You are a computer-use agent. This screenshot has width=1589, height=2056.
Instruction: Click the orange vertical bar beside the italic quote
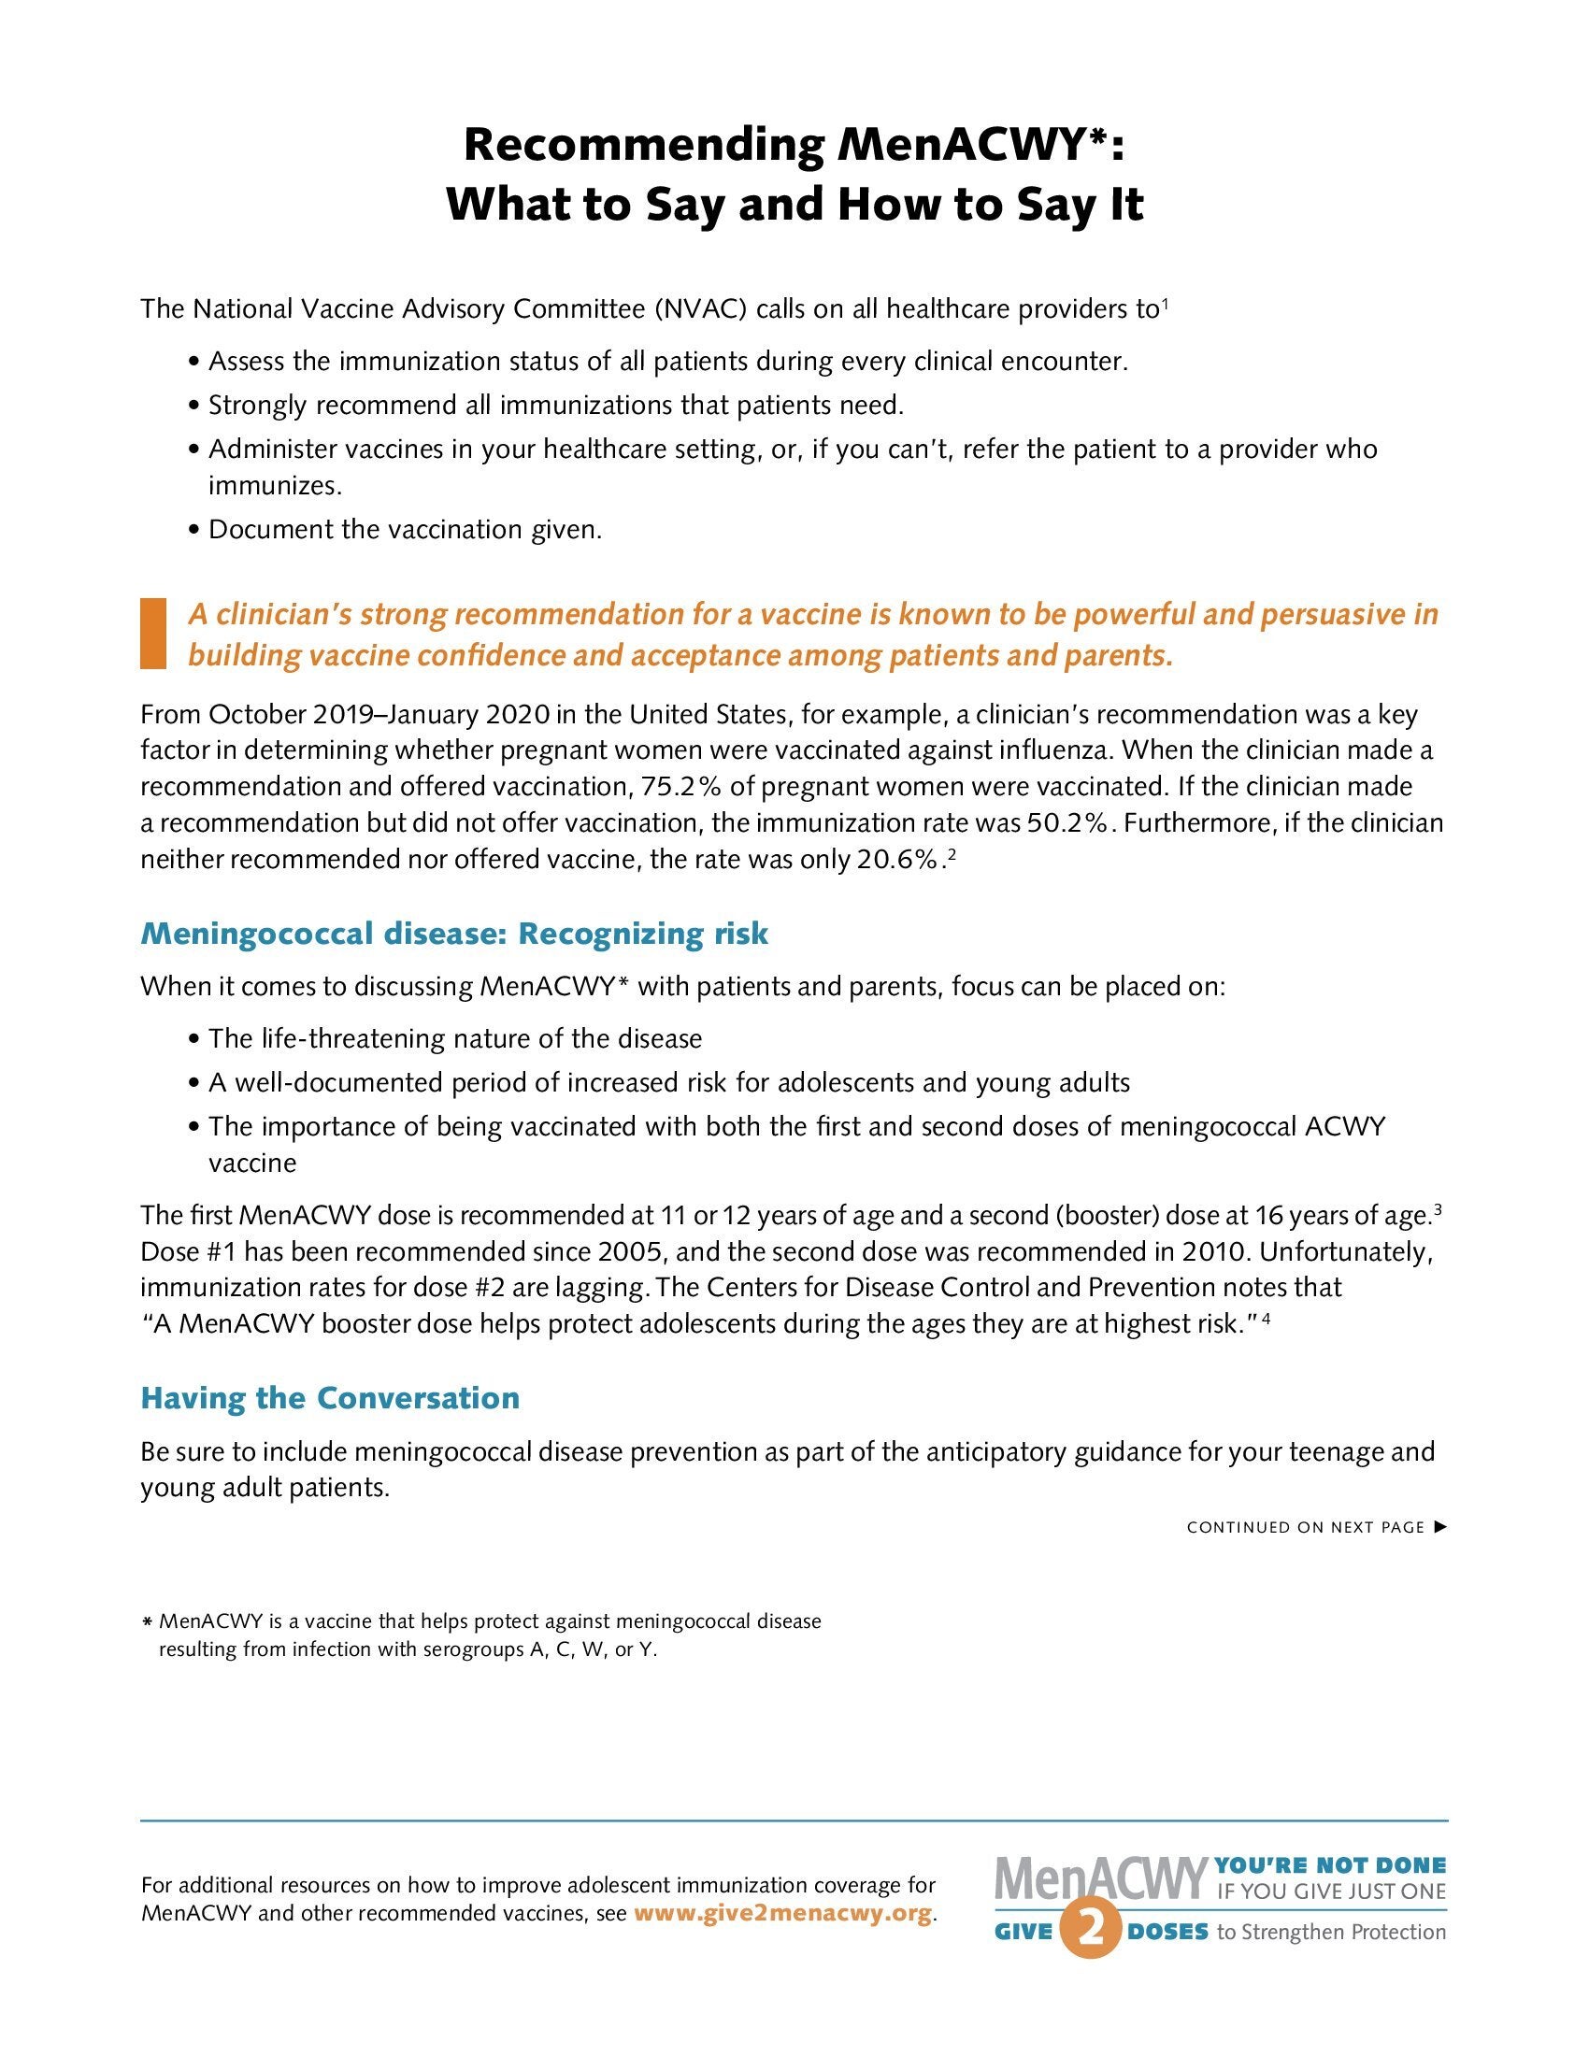coord(152,634)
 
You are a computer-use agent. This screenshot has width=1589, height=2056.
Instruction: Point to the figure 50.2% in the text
coord(1066,823)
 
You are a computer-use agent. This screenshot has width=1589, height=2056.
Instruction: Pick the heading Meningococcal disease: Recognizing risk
coord(453,934)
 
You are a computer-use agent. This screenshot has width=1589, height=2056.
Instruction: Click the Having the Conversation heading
coord(329,1398)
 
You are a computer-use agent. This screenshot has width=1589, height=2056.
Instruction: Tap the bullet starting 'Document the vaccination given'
coord(405,530)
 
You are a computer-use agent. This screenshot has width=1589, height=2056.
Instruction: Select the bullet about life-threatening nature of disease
coord(454,1039)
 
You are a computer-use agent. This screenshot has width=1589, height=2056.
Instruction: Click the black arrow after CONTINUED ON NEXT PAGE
coord(1439,1527)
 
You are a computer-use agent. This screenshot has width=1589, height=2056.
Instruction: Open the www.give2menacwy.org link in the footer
coord(783,1914)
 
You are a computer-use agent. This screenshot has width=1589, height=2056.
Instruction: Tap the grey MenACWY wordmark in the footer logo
coord(1100,1880)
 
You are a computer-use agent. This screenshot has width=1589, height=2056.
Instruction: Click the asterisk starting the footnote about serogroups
coord(147,1623)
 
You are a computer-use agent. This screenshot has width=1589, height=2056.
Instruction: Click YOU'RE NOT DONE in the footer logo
coord(1330,1866)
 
